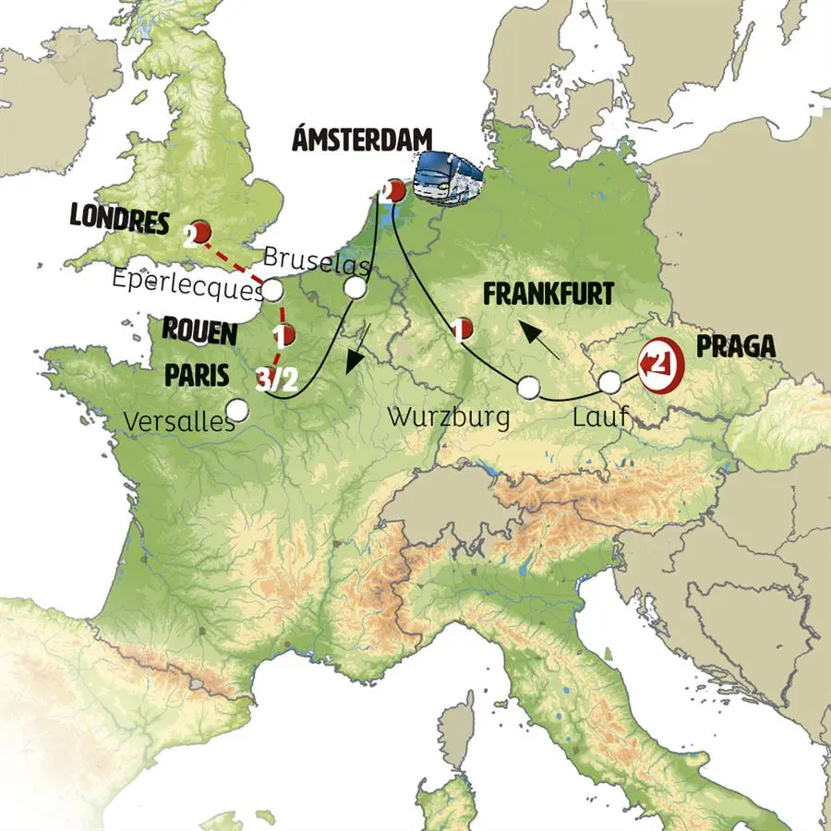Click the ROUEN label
(x=201, y=331)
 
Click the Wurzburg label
(x=449, y=416)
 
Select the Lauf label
(x=599, y=418)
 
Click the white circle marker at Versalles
(x=238, y=408)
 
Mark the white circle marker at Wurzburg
(x=528, y=388)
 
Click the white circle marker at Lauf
(x=609, y=382)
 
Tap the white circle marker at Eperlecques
(x=273, y=291)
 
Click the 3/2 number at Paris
(x=277, y=379)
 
